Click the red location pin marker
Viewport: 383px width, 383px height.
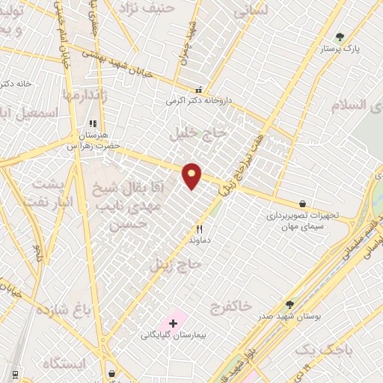click(192, 176)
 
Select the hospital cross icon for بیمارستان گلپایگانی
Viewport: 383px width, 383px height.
click(174, 323)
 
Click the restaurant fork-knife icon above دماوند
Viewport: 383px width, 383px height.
click(199, 229)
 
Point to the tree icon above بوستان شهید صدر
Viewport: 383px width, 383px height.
click(289, 304)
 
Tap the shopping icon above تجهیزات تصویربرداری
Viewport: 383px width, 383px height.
click(302, 203)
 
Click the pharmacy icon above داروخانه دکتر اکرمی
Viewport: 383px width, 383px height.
click(198, 88)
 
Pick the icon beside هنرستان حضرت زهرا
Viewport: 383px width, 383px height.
click(93, 124)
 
